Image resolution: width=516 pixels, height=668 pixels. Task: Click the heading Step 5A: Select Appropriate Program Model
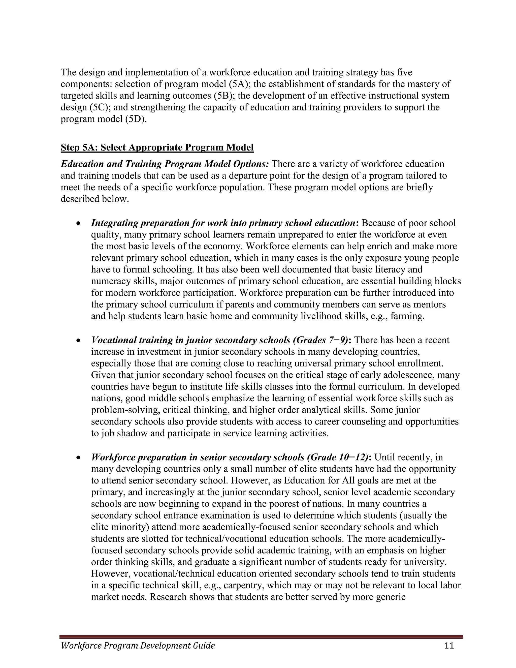(x=157, y=147)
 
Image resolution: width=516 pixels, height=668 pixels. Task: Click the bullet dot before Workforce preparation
(x=79, y=458)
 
